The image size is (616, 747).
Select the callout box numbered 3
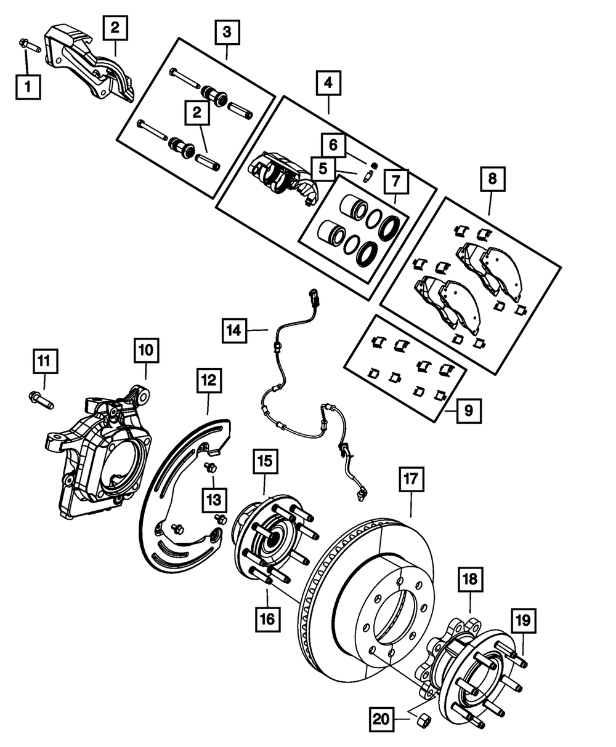tap(227, 31)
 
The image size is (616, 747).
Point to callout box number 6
tap(333, 146)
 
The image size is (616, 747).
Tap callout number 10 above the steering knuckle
tap(147, 351)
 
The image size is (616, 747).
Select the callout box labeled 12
tap(208, 381)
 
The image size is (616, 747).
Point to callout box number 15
tap(264, 461)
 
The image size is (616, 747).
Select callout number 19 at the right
tap(522, 621)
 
